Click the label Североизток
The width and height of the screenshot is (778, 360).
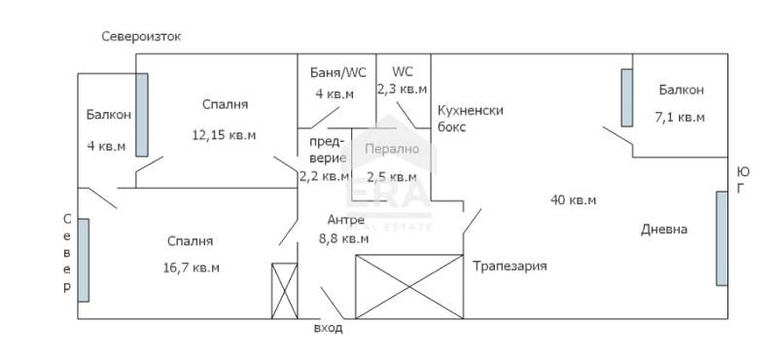pyautogui.click(x=142, y=36)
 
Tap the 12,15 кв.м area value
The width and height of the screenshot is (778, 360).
pyautogui.click(x=224, y=135)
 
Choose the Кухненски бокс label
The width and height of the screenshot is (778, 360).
pyautogui.click(x=471, y=118)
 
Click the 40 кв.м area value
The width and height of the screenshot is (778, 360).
pyautogui.click(x=573, y=200)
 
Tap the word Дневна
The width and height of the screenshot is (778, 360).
pyautogui.click(x=664, y=230)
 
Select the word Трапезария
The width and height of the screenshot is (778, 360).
pyautogui.click(x=510, y=266)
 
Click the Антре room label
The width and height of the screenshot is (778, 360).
pyautogui.click(x=346, y=219)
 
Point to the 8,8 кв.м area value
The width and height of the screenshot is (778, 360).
pyautogui.click(x=343, y=237)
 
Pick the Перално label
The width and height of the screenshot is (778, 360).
pyautogui.click(x=391, y=149)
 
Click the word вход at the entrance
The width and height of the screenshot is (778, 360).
pyautogui.click(x=328, y=329)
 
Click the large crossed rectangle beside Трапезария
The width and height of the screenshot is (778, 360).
pyautogui.click(x=409, y=286)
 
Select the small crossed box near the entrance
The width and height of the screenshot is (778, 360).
pyautogui.click(x=283, y=290)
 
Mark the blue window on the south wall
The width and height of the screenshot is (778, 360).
pyautogui.click(x=721, y=238)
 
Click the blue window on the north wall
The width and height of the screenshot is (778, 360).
pyautogui.click(x=85, y=261)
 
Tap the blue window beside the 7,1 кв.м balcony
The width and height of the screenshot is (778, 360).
pyautogui.click(x=627, y=96)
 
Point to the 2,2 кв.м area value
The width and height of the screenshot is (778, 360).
pyautogui.click(x=324, y=176)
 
